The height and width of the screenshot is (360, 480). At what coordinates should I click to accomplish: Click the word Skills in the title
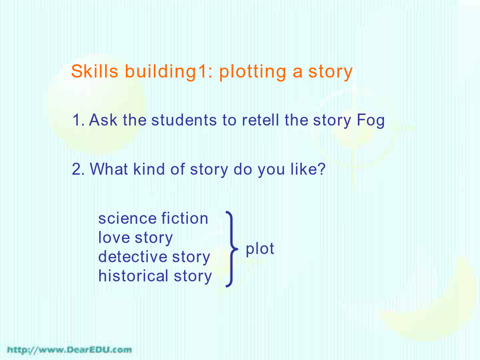(x=94, y=71)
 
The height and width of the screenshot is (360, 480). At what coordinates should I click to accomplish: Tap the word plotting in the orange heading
(x=253, y=73)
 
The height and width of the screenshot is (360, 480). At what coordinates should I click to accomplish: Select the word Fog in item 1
(x=371, y=121)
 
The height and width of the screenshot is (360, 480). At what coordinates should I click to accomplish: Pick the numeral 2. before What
(x=78, y=169)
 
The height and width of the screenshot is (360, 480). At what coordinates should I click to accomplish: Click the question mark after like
(x=322, y=169)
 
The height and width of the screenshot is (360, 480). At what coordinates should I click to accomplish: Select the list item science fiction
(x=153, y=219)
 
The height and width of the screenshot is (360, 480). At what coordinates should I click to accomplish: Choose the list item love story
(x=135, y=238)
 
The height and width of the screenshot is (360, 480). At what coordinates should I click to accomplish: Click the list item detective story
(x=154, y=257)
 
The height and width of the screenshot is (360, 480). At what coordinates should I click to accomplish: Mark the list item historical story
(x=155, y=276)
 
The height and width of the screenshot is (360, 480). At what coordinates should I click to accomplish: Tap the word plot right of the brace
(x=260, y=249)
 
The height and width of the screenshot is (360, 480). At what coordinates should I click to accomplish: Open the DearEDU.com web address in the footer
(x=69, y=350)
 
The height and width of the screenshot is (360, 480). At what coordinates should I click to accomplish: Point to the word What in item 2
(x=109, y=169)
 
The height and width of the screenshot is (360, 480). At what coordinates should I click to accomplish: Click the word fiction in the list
(x=185, y=219)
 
